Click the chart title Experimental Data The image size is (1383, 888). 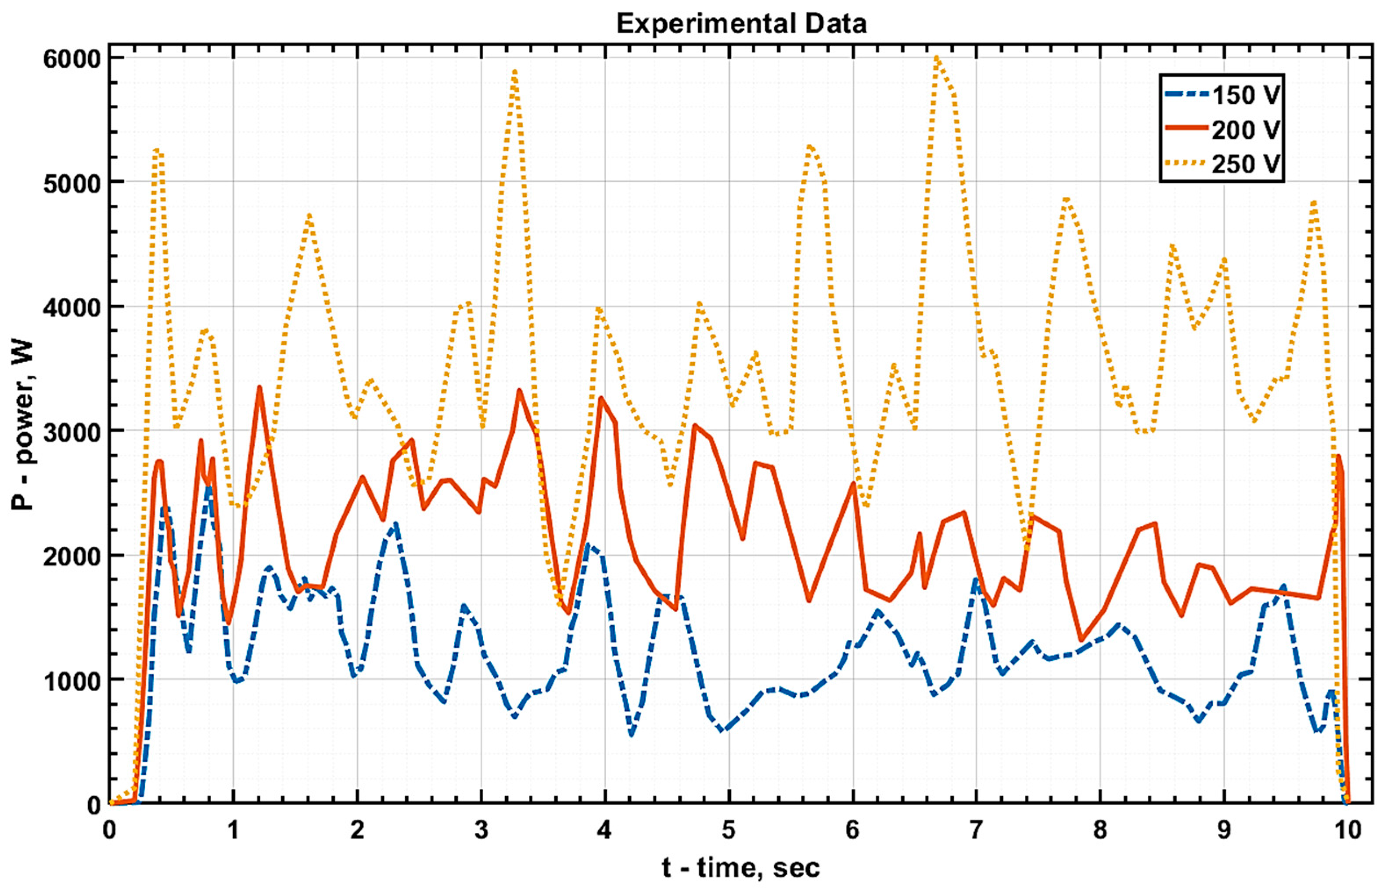point(741,24)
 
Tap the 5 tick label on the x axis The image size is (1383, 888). point(729,831)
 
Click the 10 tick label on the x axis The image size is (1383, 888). point(1348,831)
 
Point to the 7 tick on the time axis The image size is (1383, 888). point(976,831)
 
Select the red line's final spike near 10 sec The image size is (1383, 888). point(1337,456)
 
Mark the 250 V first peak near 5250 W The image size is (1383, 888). point(158,150)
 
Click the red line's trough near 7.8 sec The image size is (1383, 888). point(1081,640)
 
